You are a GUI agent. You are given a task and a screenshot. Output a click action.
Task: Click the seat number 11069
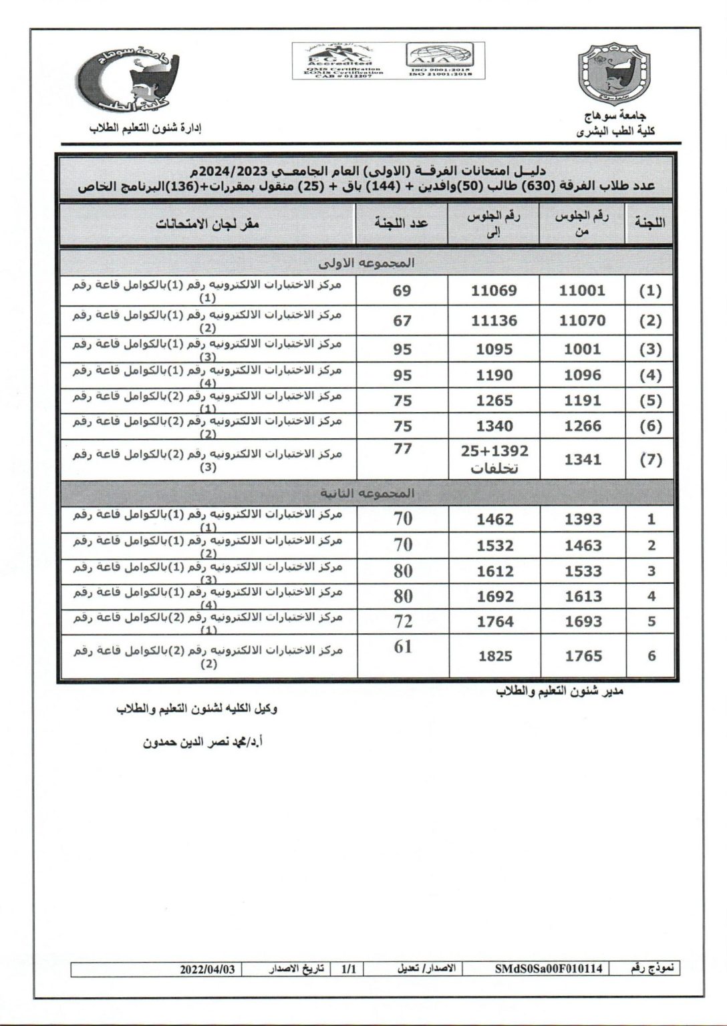click(x=494, y=291)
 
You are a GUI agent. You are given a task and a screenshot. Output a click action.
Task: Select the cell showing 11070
click(x=582, y=321)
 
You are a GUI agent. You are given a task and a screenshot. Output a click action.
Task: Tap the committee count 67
click(x=402, y=321)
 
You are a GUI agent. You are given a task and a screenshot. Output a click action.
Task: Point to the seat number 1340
click(x=494, y=426)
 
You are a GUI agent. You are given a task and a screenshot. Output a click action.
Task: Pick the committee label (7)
click(x=650, y=460)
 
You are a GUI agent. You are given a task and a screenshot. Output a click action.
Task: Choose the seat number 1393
click(x=583, y=520)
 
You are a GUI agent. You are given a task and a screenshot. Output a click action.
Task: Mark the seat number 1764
click(x=495, y=622)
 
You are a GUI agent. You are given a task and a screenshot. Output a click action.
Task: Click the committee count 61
click(x=403, y=647)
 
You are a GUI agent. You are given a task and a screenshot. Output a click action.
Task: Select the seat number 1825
click(x=495, y=656)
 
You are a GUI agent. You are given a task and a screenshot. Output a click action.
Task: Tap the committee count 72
click(x=403, y=622)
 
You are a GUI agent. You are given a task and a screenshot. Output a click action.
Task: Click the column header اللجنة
click(x=648, y=224)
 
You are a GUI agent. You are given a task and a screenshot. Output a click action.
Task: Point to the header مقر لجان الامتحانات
click(x=207, y=224)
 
